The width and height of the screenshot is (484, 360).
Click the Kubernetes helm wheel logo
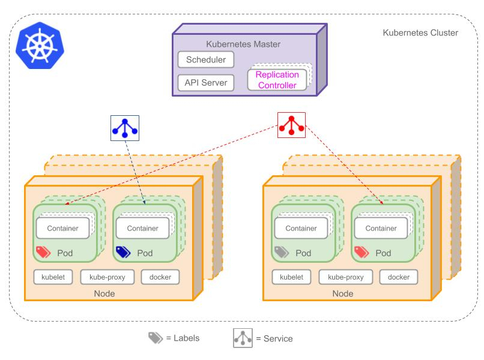40,46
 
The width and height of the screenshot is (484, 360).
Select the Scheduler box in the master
206,59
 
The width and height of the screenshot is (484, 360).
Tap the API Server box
206,83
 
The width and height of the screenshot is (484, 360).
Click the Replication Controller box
277,80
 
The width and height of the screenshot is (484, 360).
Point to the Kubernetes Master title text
243,44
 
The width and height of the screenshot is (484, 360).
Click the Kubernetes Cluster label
420,32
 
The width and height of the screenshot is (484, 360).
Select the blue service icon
125,128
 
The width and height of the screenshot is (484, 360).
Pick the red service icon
291,125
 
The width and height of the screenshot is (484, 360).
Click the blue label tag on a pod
123,252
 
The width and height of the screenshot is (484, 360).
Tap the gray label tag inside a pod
282,252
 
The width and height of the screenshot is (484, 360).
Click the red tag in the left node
43,252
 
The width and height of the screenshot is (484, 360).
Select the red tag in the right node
361,252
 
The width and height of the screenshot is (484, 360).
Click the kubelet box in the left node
53,277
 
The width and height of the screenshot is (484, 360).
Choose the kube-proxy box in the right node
346,277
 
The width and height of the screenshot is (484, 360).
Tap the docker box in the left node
160,277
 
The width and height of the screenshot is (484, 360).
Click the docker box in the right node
399,277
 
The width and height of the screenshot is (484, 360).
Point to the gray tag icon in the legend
156,338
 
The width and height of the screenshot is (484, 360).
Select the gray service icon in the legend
243,338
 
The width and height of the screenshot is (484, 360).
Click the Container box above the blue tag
142,228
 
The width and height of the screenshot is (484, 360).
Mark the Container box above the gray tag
301,228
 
